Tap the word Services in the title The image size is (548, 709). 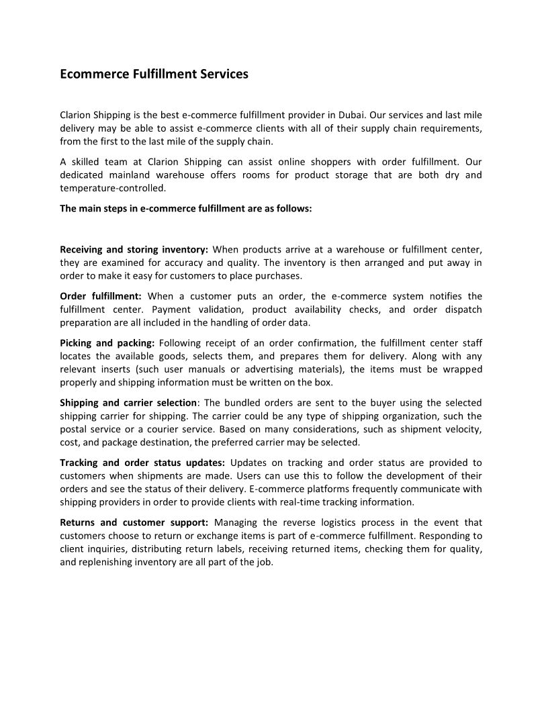224,74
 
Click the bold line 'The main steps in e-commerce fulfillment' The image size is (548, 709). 186,208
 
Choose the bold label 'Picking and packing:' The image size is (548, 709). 107,343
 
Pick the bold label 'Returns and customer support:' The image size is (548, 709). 134,522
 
